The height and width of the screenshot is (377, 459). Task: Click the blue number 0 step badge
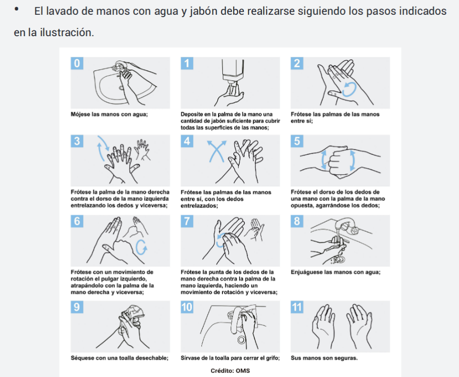(x=77, y=63)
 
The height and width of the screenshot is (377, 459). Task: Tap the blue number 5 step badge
(x=297, y=141)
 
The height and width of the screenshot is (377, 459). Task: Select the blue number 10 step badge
(x=187, y=307)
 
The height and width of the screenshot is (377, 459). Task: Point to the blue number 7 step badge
(x=187, y=221)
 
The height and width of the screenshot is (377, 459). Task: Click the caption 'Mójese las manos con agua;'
(x=109, y=114)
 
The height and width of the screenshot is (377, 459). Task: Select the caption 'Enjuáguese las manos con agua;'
(x=335, y=272)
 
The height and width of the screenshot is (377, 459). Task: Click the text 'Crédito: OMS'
(x=230, y=371)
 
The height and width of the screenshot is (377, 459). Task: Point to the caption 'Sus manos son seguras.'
(x=324, y=358)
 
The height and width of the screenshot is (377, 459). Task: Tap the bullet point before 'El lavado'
(x=16, y=10)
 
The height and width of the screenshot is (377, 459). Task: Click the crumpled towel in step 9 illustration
(x=133, y=313)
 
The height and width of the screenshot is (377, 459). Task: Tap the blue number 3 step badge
(x=77, y=141)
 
